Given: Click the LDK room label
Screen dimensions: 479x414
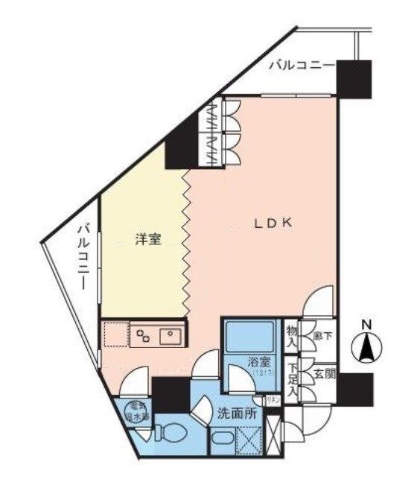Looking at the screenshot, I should point(275,223).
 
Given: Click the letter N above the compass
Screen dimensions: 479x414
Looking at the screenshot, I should point(366,325).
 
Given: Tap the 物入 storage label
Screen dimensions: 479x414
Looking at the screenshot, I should point(292,337).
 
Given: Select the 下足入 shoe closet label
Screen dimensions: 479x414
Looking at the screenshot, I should point(293,377).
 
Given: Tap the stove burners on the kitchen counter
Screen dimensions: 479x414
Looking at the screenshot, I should point(141,336).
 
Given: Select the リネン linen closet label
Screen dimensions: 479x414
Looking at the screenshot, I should point(273,400).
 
